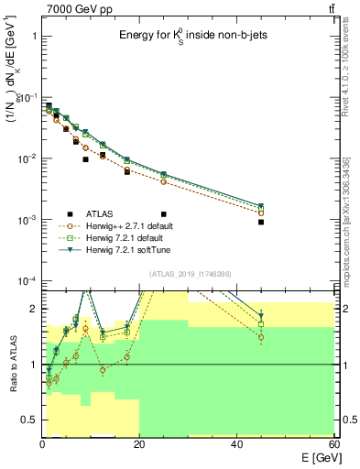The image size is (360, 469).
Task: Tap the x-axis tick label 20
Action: pos(139,444)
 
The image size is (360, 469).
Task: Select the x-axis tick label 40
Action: pos(236,444)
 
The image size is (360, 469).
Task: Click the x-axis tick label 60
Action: pos(333,444)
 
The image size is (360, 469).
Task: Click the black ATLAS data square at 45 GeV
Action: pos(261,222)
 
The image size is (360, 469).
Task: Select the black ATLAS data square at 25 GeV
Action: pos(164,188)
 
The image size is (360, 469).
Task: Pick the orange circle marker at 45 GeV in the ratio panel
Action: pos(261,337)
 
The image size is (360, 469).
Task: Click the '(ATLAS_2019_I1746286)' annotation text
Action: pos(185,273)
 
